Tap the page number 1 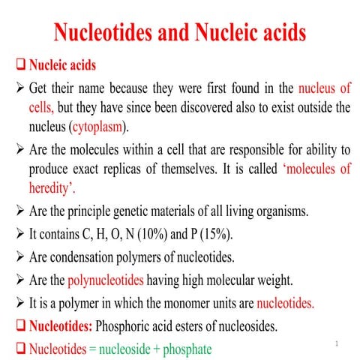click(x=337, y=343)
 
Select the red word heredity click(x=53, y=187)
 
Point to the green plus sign click(x=147, y=349)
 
